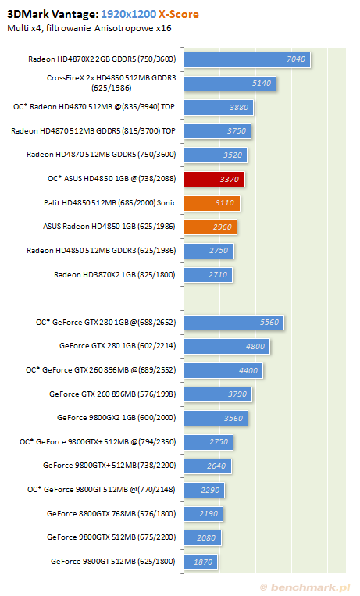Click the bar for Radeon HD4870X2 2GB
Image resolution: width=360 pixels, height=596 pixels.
(x=247, y=59)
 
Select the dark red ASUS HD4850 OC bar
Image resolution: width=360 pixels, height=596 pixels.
(x=215, y=179)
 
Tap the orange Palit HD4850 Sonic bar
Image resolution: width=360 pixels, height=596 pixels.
(x=212, y=203)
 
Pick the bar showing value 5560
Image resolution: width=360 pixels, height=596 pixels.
(x=233, y=323)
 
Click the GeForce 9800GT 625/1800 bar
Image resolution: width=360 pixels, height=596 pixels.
(x=201, y=562)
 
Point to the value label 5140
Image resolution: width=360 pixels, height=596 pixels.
(x=262, y=84)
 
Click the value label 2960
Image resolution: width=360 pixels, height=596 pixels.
(x=222, y=227)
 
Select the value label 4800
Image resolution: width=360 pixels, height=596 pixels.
(x=255, y=347)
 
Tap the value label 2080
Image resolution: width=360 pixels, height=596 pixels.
(x=206, y=538)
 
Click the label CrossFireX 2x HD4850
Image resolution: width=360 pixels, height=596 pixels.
(x=112, y=83)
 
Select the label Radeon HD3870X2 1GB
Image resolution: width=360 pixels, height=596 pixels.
(x=115, y=275)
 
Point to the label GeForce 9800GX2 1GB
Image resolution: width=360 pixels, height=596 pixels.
(x=116, y=418)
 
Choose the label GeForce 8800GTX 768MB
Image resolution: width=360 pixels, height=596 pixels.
(x=112, y=514)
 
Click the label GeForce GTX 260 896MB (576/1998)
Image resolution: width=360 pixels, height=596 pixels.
(x=112, y=394)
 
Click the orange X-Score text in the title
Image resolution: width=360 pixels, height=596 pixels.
(x=179, y=14)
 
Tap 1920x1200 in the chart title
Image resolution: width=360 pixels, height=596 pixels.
(x=129, y=14)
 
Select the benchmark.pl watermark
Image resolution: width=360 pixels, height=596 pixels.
(x=305, y=587)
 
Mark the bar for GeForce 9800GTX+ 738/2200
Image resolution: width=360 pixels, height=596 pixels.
(x=208, y=466)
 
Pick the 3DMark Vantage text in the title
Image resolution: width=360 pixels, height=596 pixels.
(x=53, y=14)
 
